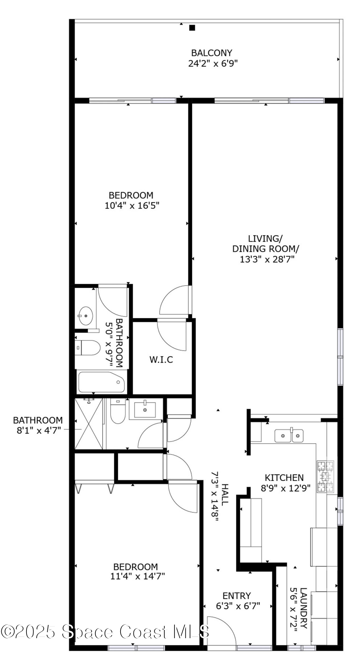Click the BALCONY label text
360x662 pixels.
pyautogui.click(x=212, y=53)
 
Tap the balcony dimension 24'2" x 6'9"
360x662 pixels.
pyautogui.click(x=213, y=63)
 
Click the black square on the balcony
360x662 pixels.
pyautogui.click(x=192, y=28)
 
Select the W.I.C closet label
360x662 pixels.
pyautogui.click(x=161, y=359)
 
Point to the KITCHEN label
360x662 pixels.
pyautogui.click(x=284, y=478)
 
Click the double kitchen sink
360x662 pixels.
pyautogui.click(x=289, y=436)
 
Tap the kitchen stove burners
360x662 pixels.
pyautogui.click(x=325, y=477)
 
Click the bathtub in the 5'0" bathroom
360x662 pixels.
pyautogui.click(x=101, y=382)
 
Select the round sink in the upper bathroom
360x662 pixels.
pyautogui.click(x=85, y=316)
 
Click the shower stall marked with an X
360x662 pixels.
pyautogui.click(x=89, y=424)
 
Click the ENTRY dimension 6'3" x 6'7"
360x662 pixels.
pyautogui.click(x=238, y=606)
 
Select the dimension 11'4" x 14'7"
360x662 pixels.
pyautogui.click(x=137, y=576)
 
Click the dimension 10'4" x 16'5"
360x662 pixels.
pyautogui.click(x=132, y=206)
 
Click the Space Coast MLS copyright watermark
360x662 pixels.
pyautogui.click(x=105, y=632)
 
